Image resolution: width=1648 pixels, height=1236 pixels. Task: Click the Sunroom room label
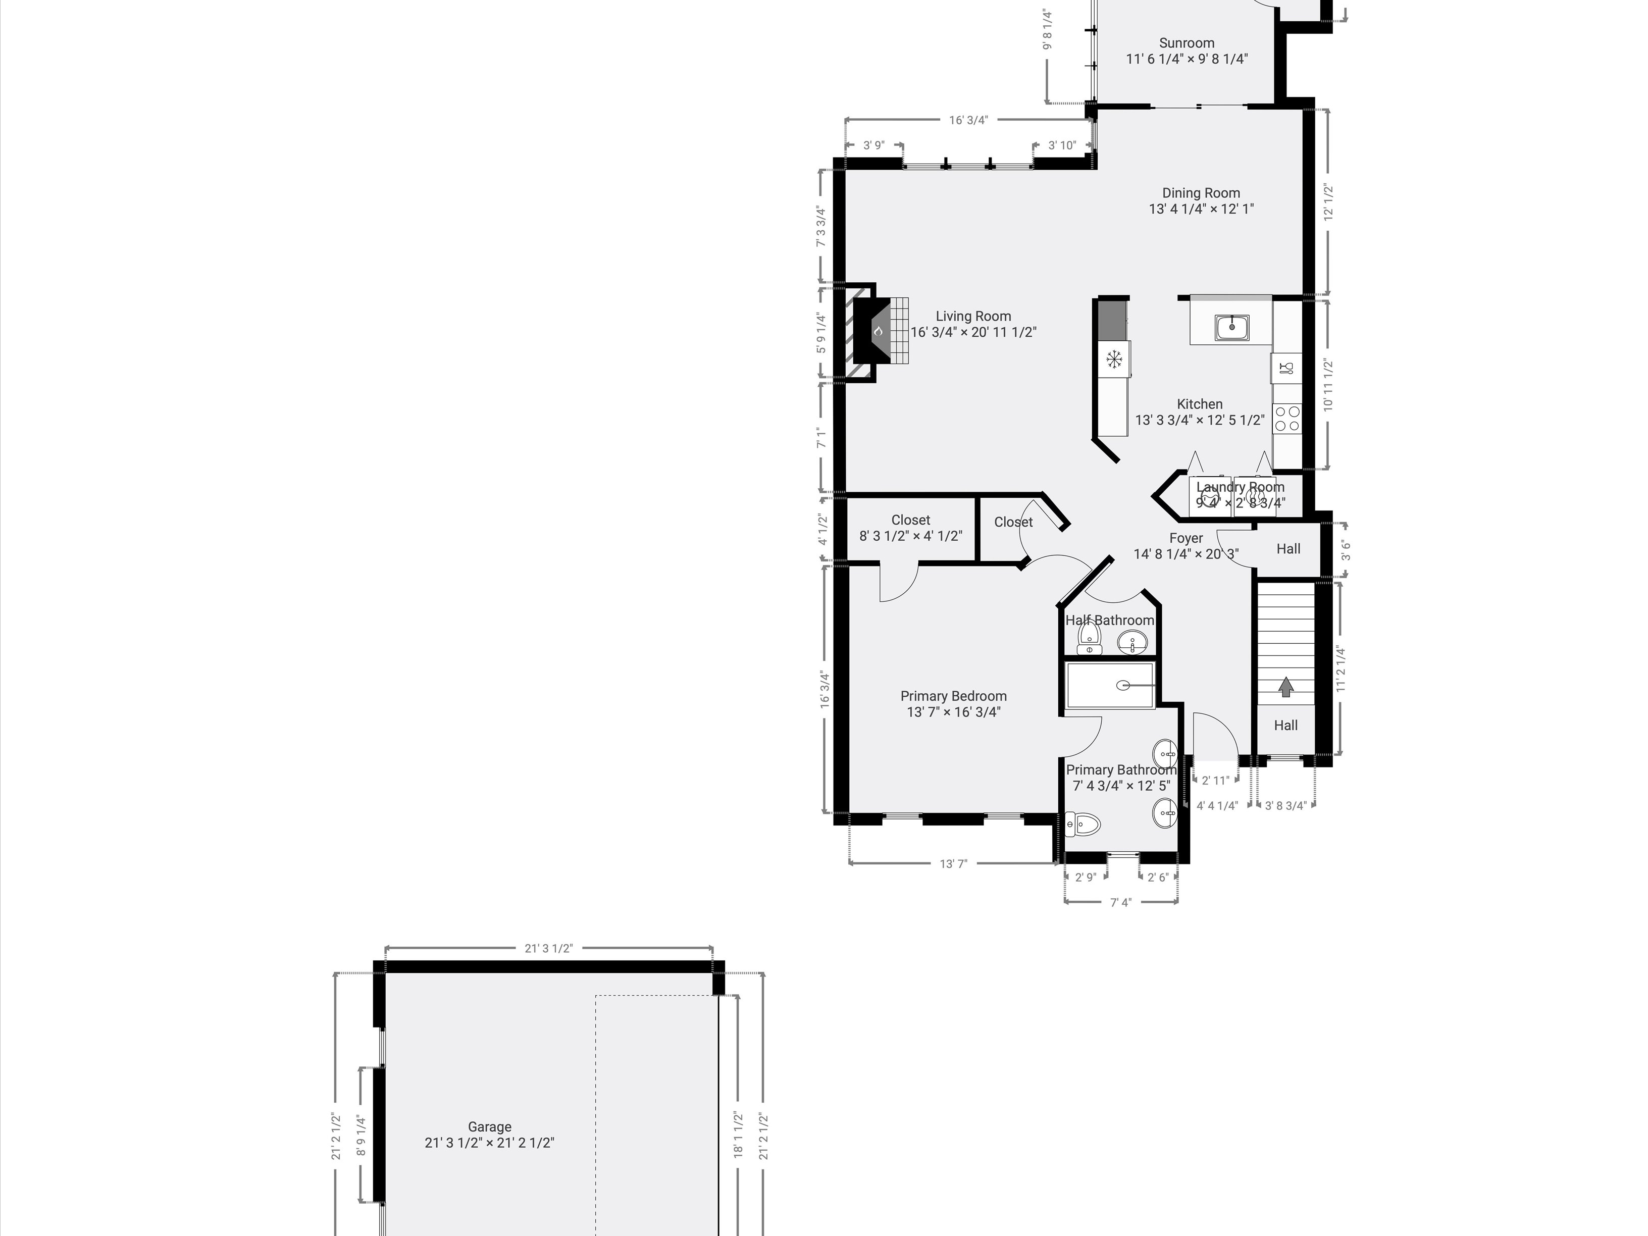pyautogui.click(x=1186, y=43)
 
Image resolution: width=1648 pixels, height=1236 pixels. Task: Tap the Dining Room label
pyautogui.click(x=1201, y=193)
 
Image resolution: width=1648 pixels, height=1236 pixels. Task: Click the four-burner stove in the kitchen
pyautogui.click(x=1286, y=419)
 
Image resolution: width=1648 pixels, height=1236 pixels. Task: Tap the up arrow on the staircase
pyautogui.click(x=1285, y=686)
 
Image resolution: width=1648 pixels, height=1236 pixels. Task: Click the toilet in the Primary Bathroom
pyautogui.click(x=1084, y=824)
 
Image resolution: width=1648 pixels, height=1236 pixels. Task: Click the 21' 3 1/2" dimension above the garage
pyautogui.click(x=548, y=948)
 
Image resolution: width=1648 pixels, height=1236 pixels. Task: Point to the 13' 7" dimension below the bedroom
pyautogui.click(x=953, y=864)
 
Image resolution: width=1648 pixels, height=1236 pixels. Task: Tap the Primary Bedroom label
pyautogui.click(x=953, y=696)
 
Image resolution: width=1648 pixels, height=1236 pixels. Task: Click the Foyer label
pyautogui.click(x=1186, y=538)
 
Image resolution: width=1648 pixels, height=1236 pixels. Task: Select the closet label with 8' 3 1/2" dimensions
pyautogui.click(x=910, y=520)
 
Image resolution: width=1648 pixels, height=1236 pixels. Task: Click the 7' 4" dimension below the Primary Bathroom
pyautogui.click(x=1120, y=902)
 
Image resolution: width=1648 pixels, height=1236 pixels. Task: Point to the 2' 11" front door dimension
pyautogui.click(x=1215, y=781)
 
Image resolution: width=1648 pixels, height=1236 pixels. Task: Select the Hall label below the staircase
pyautogui.click(x=1285, y=725)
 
